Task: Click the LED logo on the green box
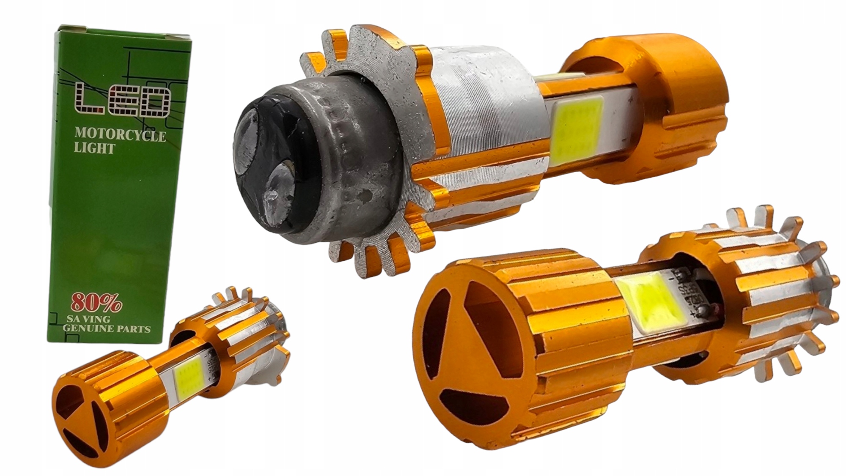[123, 100]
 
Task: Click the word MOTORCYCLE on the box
[120, 135]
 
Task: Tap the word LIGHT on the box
[94, 148]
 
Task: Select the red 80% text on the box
[96, 302]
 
